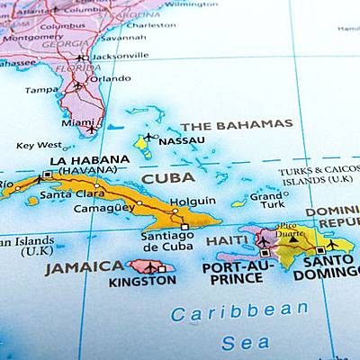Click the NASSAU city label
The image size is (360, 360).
coord(181,140)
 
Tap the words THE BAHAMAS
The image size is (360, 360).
coord(236,124)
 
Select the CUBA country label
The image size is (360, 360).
coord(168,178)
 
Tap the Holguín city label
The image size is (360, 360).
coord(193,201)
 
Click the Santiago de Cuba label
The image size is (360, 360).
coord(167,241)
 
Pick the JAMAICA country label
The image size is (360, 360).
coord(85,267)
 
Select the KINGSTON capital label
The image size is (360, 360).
coord(142,281)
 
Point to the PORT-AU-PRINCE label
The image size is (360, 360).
coord(237,274)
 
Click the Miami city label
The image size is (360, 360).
coord(77,122)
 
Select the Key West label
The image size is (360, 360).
coord(39,145)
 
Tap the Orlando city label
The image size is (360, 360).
coord(110,78)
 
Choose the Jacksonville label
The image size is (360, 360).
coord(120,55)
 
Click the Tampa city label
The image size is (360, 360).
coord(42,90)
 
